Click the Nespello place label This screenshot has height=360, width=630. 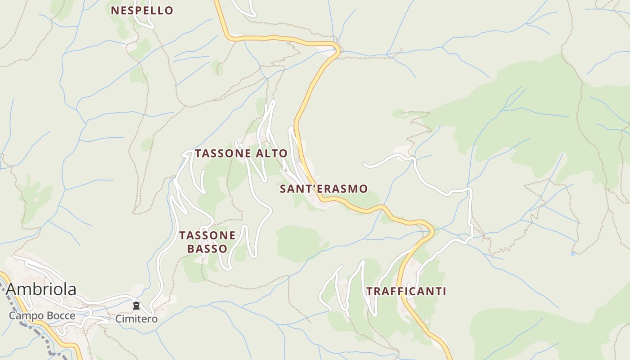(142, 10)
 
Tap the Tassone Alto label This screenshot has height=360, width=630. (241, 153)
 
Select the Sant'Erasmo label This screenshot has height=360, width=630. (324, 189)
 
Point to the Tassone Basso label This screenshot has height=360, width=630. (207, 242)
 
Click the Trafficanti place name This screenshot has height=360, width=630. (406, 291)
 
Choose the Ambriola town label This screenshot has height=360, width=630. (41, 289)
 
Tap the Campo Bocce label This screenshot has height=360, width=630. (42, 315)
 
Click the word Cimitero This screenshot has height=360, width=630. (136, 319)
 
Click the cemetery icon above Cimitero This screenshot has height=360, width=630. (136, 306)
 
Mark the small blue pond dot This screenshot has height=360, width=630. (572, 253)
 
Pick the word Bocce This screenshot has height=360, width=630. (60, 315)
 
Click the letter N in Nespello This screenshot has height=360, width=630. (115, 10)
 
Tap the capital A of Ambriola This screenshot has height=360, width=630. (12, 289)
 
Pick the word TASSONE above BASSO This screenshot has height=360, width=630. (207, 235)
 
